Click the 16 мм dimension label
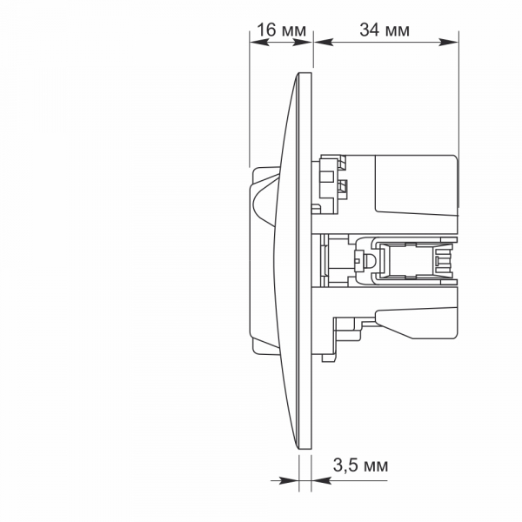pos(281,30)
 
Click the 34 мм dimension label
pos(385,30)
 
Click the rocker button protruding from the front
pos(263,261)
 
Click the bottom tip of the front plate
pos(305,452)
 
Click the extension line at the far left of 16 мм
pos(250,104)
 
